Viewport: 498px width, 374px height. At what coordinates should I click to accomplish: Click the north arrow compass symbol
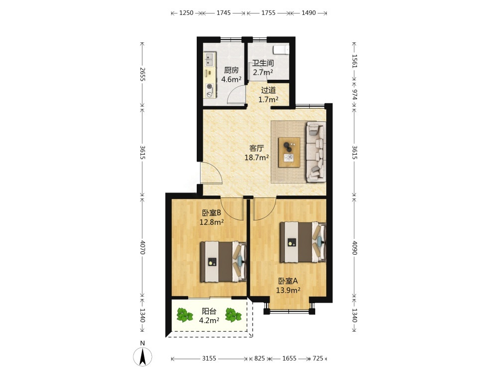142,356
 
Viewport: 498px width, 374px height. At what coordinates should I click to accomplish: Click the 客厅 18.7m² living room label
256,153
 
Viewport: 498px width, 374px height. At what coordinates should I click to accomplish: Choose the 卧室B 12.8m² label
212,217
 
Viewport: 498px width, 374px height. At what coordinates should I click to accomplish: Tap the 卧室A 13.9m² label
288,286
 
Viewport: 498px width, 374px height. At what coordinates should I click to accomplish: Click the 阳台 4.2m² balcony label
209,316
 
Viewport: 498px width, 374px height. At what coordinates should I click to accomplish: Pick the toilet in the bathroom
281,50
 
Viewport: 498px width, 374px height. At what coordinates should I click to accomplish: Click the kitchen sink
209,59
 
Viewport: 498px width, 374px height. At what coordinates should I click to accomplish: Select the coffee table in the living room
289,152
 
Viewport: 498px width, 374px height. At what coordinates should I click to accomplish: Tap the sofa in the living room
316,152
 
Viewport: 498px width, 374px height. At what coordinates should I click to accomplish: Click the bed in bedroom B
223,262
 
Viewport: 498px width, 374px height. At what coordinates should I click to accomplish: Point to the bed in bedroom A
303,242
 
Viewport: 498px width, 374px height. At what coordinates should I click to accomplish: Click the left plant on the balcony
185,315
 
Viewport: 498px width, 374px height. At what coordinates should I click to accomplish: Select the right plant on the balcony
233,315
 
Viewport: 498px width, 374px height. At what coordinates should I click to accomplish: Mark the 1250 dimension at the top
186,13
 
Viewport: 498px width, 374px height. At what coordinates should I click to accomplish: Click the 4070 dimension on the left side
142,247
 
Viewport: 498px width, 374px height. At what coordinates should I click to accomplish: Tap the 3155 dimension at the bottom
209,359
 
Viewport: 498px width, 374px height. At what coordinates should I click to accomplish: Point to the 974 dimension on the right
355,94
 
